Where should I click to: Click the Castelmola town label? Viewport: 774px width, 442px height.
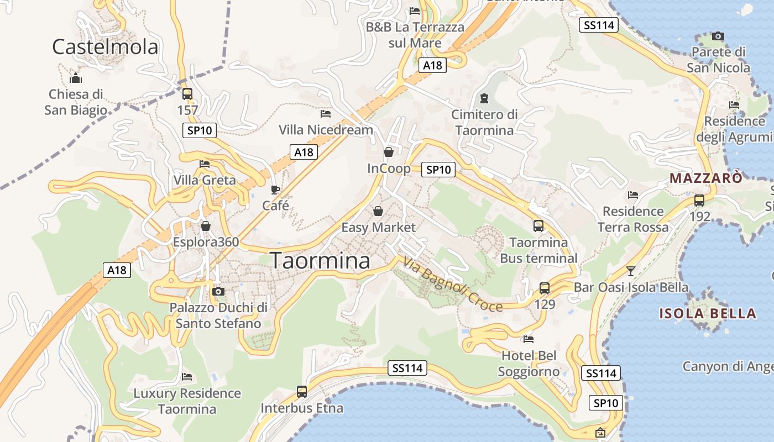105,47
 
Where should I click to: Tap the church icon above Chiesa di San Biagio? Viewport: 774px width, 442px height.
76,78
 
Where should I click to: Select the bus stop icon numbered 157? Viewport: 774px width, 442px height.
187,93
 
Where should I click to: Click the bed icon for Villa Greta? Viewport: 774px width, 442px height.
205,164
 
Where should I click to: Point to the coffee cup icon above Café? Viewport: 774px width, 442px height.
275,190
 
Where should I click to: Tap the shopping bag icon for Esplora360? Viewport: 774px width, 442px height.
206,226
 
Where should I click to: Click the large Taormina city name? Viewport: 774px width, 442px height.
320,260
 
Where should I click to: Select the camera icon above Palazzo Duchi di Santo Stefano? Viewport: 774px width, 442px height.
218,291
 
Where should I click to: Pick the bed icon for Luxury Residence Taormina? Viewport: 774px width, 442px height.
187,377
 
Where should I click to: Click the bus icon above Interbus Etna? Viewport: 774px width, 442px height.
302,392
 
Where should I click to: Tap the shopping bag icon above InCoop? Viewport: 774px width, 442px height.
389,152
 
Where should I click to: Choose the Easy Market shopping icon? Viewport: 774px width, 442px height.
378,211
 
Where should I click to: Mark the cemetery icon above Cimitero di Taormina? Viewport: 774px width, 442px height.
485,99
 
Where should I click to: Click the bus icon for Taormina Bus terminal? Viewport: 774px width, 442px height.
538,225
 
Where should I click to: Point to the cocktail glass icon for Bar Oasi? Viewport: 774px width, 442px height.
630,271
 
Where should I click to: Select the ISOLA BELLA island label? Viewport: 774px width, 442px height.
708,314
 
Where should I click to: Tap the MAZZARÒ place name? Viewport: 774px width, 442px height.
706,178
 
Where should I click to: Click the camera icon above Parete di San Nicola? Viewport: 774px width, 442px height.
718,36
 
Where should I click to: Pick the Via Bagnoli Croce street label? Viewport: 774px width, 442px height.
453,285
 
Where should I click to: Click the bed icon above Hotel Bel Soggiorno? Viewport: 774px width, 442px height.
529,339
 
